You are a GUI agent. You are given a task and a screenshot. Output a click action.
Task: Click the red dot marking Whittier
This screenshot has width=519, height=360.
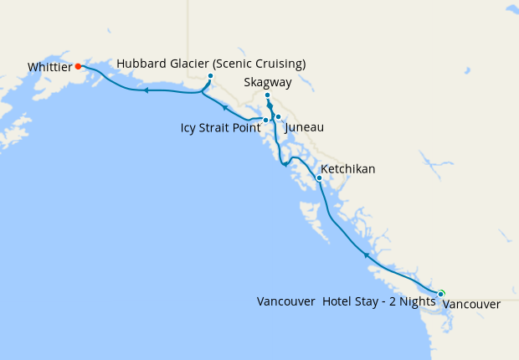pos(78,66)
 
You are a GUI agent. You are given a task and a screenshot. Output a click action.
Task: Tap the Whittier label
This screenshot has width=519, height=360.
pos(49,66)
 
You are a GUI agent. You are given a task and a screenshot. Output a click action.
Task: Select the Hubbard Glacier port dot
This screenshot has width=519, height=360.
pos(210,76)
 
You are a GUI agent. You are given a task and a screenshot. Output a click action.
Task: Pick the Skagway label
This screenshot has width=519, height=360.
pos(266,83)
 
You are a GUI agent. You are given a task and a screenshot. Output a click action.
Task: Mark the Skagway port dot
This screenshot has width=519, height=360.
pos(267,95)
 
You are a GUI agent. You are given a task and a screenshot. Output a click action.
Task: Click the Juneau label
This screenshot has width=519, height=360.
pos(305,127)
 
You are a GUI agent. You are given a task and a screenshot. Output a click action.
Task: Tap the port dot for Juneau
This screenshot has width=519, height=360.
pos(278,117)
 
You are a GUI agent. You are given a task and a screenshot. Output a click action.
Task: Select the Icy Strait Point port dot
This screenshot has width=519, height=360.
pos(265,120)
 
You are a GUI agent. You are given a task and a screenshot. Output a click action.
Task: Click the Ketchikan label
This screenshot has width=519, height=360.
pos(348,169)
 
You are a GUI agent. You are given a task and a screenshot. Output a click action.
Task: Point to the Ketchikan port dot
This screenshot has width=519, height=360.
pos(319,177)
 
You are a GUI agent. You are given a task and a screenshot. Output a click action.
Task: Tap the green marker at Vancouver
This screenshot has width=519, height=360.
pos(440,293)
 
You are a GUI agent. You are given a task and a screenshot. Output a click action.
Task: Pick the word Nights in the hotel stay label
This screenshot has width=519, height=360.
pos(416,302)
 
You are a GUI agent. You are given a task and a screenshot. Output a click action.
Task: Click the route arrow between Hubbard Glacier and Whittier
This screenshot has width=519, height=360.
pos(146,90)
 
